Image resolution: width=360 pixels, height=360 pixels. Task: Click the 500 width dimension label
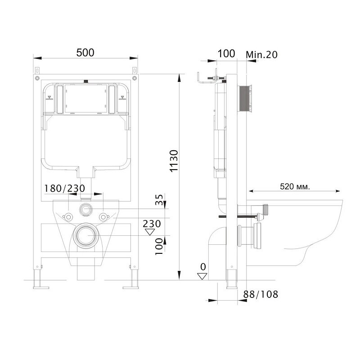[x=85, y=53]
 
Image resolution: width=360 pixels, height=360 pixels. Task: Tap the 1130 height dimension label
[x=174, y=161]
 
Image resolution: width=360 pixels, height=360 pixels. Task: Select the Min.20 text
[x=261, y=54]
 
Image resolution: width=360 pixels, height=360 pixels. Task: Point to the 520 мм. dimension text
[x=295, y=186]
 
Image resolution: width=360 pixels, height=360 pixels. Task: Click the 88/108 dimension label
[x=261, y=294]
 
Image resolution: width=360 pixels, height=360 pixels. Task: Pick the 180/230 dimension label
[x=64, y=188]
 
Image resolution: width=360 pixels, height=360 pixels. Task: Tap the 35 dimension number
[x=159, y=200]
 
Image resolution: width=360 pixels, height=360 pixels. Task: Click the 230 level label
[x=152, y=224]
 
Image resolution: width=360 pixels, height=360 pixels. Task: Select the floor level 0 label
[x=203, y=267]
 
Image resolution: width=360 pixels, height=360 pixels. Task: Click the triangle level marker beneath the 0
[x=202, y=276]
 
